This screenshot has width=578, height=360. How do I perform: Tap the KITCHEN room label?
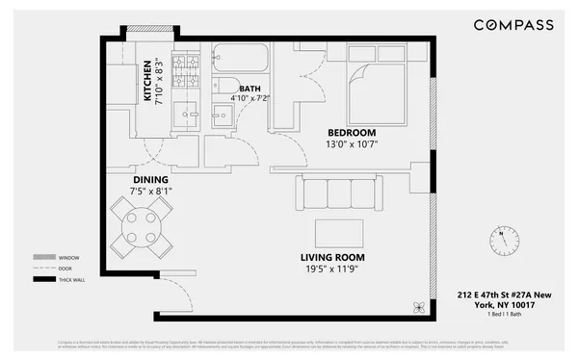tap(147, 81)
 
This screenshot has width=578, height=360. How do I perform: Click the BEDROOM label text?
tap(351, 133)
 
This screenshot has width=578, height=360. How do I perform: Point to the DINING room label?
tap(151, 179)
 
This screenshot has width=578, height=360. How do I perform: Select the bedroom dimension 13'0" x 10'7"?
tap(351, 144)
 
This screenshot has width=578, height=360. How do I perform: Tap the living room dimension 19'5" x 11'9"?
tap(332, 269)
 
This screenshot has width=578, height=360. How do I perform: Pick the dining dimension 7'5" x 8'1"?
tap(151, 191)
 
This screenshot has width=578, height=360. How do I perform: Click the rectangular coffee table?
tap(339, 232)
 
